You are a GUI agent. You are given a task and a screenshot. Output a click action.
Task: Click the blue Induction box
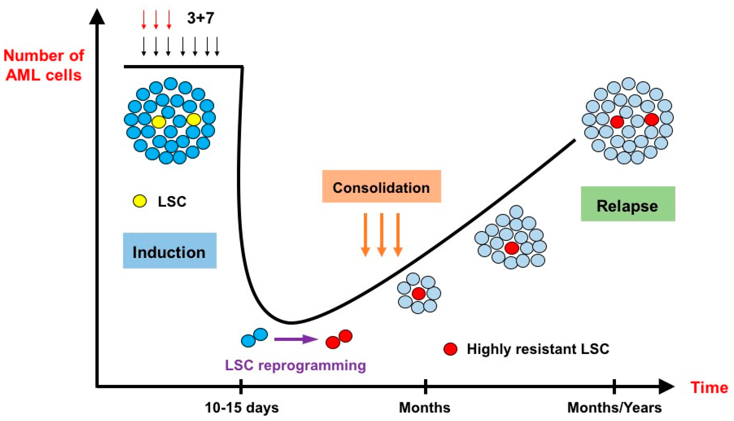[170, 251]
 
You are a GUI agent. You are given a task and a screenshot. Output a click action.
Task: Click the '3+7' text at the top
[201, 18]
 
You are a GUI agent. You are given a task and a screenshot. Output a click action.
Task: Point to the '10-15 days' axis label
[242, 408]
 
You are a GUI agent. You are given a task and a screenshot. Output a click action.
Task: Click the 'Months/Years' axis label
[614, 408]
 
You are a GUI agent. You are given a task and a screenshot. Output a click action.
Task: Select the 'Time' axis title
[709, 387]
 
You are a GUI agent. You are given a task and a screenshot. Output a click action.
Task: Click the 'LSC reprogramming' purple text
[295, 365]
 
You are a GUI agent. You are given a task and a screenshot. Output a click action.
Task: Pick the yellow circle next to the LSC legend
[140, 201]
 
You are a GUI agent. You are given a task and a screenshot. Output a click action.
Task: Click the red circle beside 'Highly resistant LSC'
[450, 349]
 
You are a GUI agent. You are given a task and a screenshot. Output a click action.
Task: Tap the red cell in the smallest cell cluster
[418, 294]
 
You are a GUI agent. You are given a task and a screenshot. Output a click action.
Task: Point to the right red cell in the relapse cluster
[652, 119]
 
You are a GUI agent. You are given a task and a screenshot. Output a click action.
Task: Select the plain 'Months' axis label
[424, 408]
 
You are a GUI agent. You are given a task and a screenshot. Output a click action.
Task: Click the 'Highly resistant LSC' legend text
[538, 349]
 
